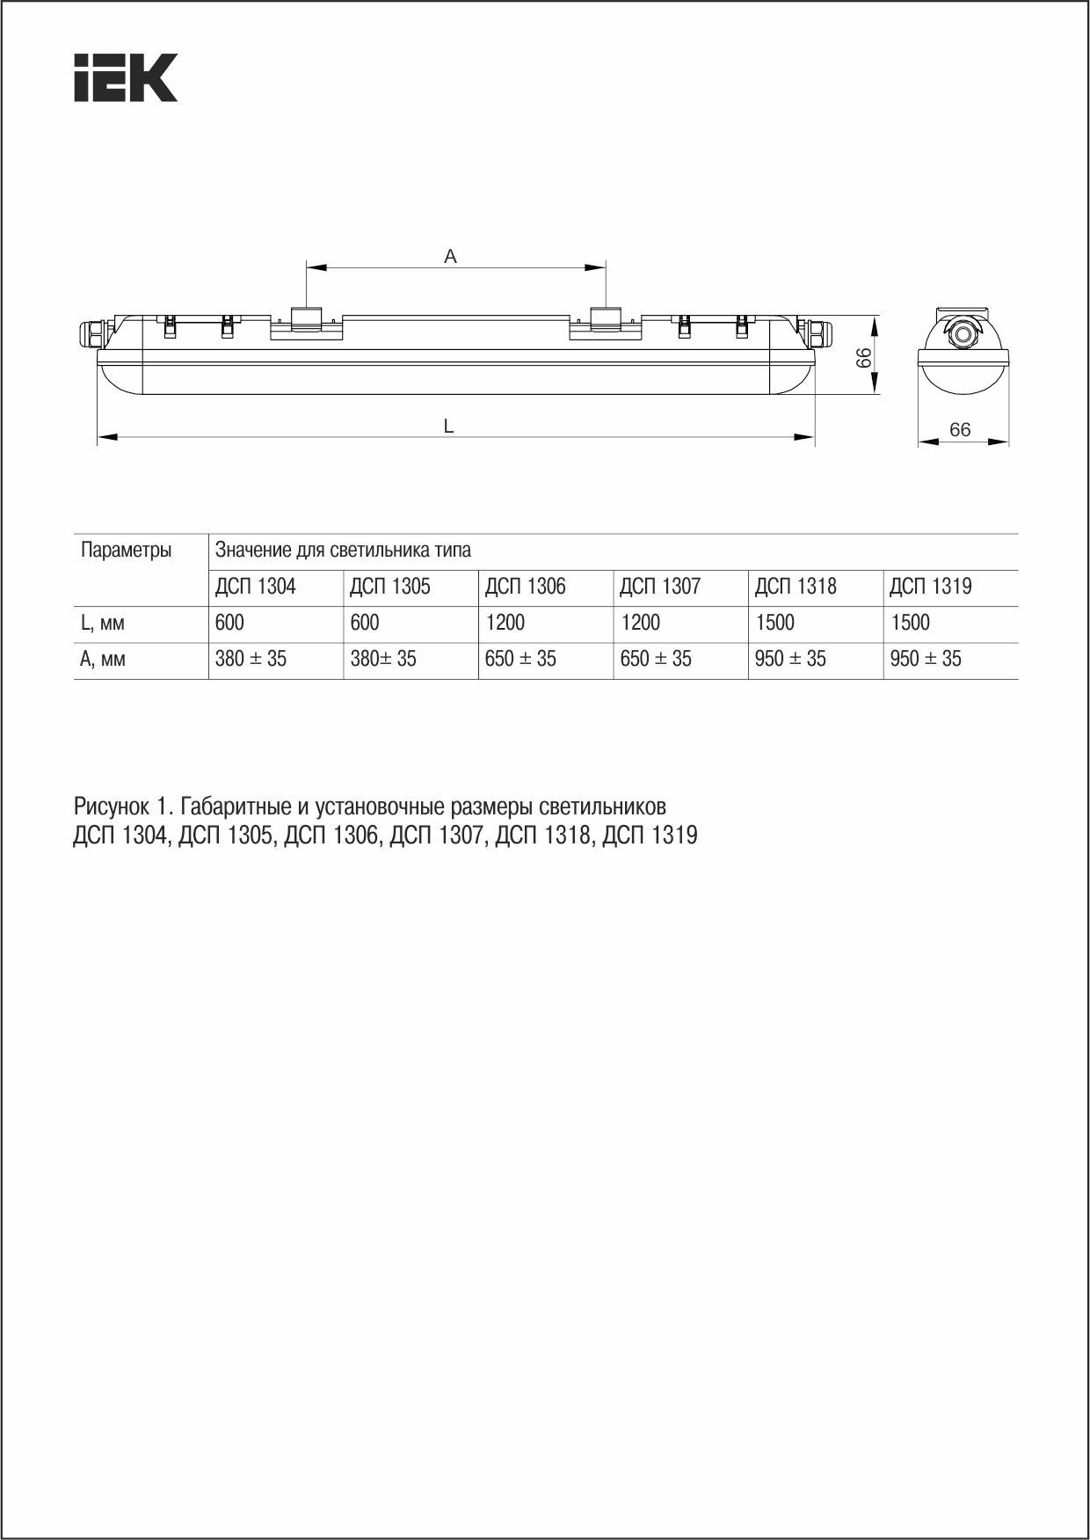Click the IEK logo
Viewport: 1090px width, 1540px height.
pyautogui.click(x=126, y=77)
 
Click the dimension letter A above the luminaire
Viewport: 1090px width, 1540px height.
pyautogui.click(x=451, y=257)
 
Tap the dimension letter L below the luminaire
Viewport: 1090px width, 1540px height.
pyautogui.click(x=448, y=427)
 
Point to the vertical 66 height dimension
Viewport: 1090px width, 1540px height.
pyautogui.click(x=864, y=357)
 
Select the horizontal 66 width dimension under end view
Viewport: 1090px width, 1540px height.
pyautogui.click(x=960, y=429)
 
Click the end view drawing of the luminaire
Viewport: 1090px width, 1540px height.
pyautogui.click(x=963, y=352)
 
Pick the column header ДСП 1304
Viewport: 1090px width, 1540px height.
pyautogui.click(x=256, y=587)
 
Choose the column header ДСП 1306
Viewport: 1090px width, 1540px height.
pyautogui.click(x=526, y=587)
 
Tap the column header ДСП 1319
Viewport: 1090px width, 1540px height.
pyautogui.click(x=931, y=587)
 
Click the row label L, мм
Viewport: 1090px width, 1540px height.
pyautogui.click(x=103, y=624)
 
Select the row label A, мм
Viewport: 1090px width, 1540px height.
pyautogui.click(x=103, y=659)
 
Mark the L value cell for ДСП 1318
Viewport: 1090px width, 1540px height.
pyautogui.click(x=774, y=624)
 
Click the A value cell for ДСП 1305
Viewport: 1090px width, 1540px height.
pyautogui.click(x=383, y=659)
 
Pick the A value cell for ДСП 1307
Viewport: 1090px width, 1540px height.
pyautogui.click(x=656, y=659)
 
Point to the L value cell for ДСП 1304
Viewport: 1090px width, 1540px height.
pyautogui.click(x=230, y=624)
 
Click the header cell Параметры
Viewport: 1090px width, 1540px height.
pyautogui.click(x=126, y=551)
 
